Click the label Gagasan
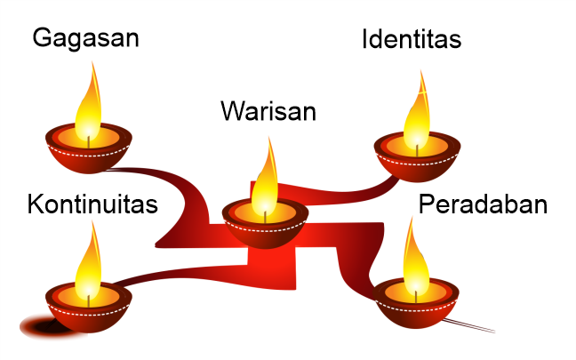[85, 40]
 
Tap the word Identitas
[412, 40]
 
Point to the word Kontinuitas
[92, 204]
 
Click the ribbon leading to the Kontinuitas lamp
[178, 267]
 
